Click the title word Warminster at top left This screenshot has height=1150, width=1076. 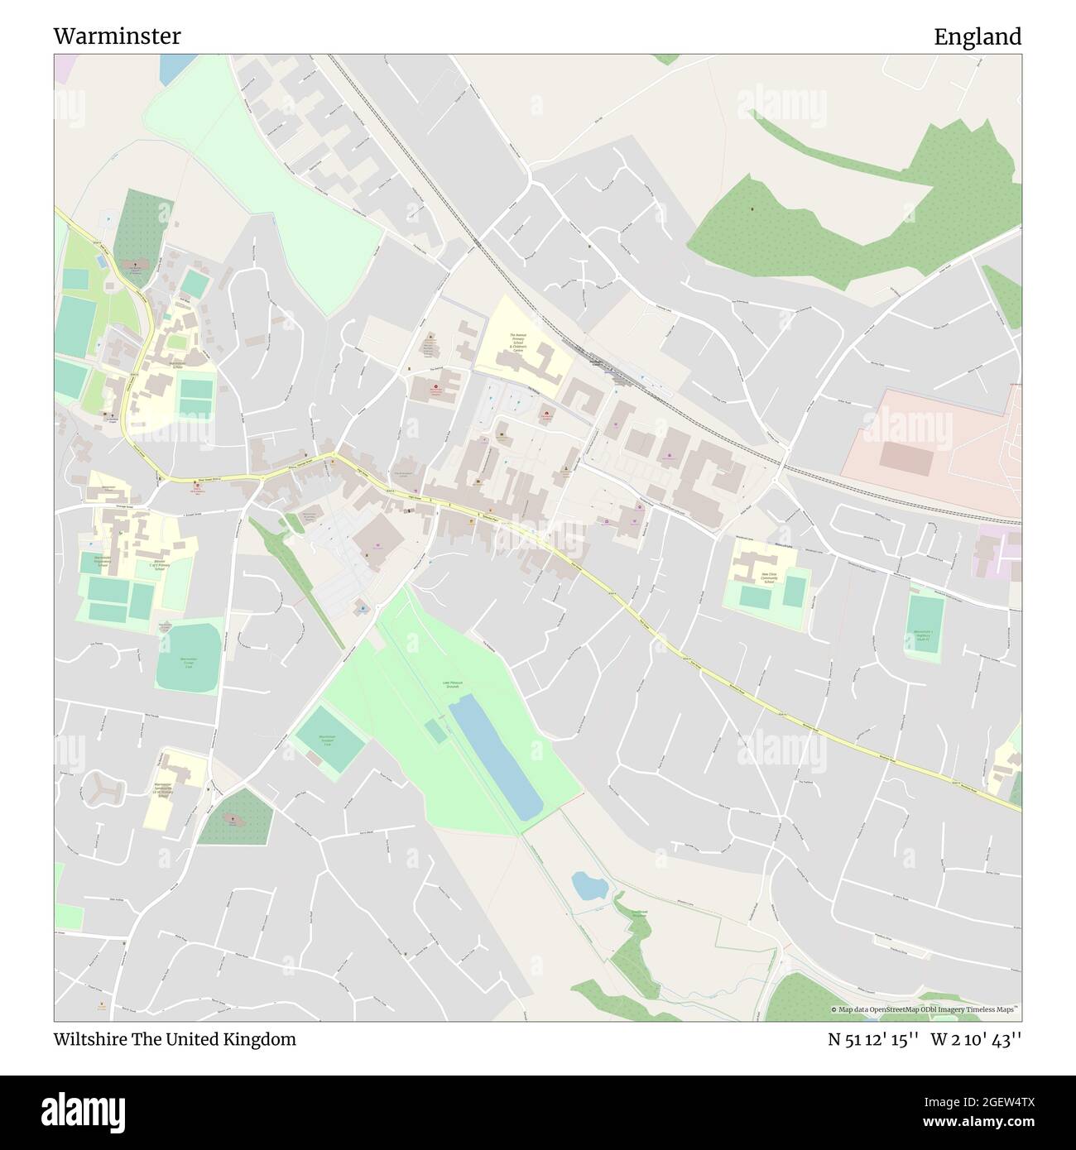[117, 36]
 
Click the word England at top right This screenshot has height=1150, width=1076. [978, 36]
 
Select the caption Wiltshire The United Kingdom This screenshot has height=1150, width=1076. [175, 1039]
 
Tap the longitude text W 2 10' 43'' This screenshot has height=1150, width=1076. [976, 1039]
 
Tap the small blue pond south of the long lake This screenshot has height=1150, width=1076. [589, 886]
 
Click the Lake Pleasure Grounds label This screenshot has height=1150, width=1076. [452, 684]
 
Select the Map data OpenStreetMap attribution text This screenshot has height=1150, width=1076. [925, 1009]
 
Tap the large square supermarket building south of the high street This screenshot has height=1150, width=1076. [378, 544]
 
